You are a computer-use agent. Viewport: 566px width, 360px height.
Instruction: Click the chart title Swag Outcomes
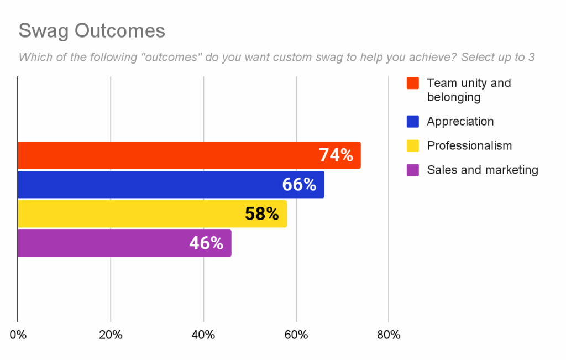click(92, 31)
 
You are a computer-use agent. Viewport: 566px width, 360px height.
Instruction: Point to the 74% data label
click(336, 155)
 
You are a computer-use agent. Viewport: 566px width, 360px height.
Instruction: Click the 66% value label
click(299, 185)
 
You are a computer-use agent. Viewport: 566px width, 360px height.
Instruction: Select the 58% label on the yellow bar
click(262, 214)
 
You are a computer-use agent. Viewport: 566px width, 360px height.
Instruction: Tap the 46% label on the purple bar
click(206, 243)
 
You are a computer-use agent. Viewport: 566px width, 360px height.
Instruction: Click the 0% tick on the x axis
click(18, 335)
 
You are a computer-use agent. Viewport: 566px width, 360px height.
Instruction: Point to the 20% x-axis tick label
click(111, 335)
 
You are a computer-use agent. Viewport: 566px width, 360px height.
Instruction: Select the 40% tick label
click(203, 335)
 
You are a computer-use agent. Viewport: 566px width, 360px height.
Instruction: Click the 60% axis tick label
click(296, 335)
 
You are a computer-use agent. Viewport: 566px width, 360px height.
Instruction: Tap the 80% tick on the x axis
click(389, 335)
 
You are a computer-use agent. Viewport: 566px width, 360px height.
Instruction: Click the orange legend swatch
click(412, 84)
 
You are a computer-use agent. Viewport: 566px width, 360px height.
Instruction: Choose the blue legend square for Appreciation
click(412, 122)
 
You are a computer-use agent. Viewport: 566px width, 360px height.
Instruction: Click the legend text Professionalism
click(469, 146)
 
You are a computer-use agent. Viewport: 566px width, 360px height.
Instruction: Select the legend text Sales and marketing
click(483, 170)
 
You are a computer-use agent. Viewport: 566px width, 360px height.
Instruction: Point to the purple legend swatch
click(412, 170)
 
